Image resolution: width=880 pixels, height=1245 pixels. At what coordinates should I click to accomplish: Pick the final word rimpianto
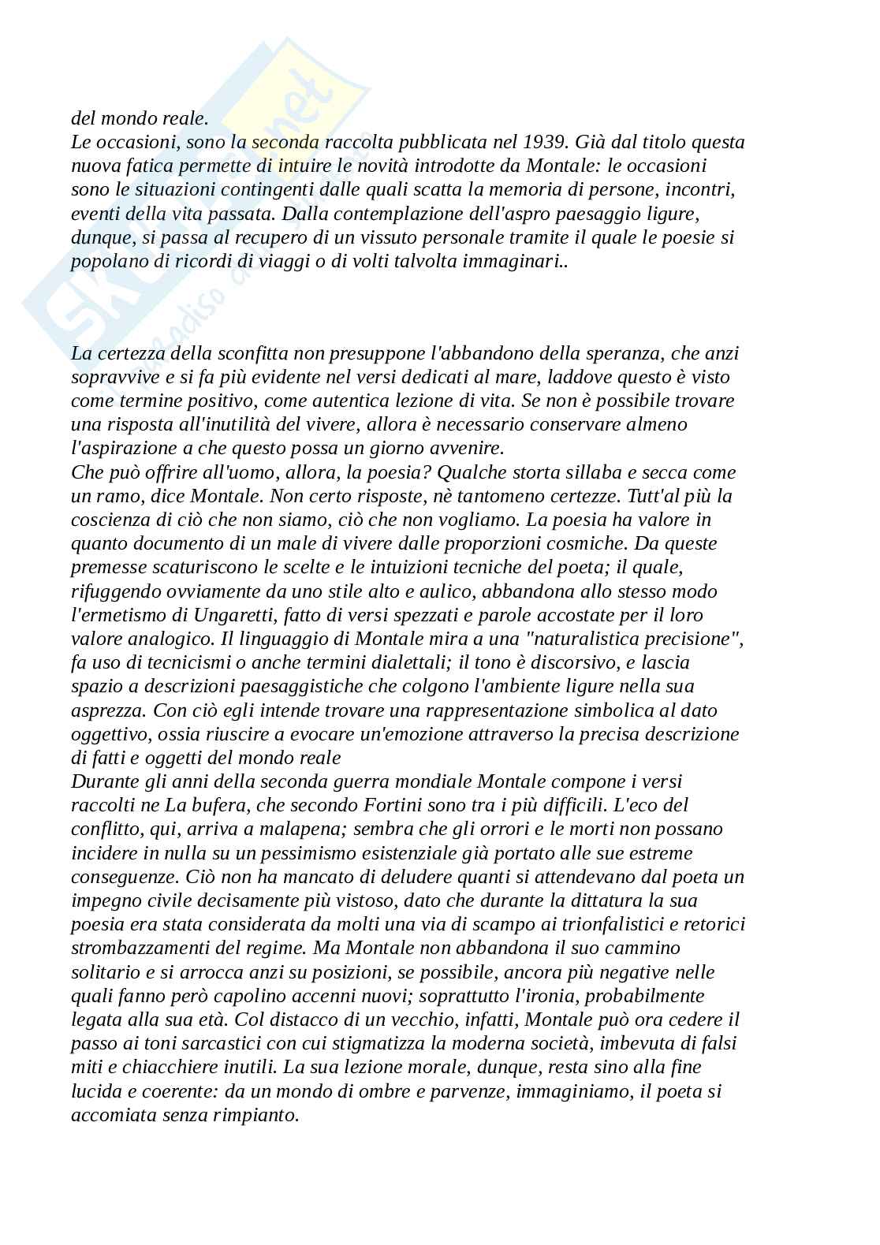[259, 1115]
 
